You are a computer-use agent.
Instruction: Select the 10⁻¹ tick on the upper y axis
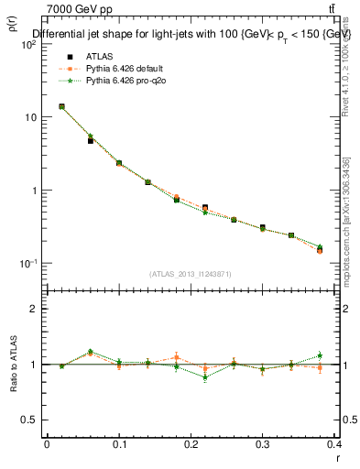pos(28,264)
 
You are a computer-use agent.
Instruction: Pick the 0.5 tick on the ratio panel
pos(28,420)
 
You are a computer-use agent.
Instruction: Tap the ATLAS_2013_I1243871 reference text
pos(191,274)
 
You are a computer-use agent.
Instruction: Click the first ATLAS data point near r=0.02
pos(61,106)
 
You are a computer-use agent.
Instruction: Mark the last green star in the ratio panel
pos(320,355)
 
